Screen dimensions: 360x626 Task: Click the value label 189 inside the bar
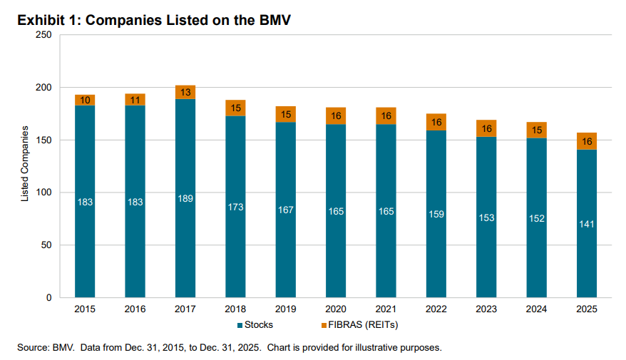tap(185, 197)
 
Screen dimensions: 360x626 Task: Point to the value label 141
tap(587, 224)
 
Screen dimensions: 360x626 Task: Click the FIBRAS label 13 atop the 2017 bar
tap(185, 92)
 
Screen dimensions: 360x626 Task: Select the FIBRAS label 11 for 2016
tap(135, 100)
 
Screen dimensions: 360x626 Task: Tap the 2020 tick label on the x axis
tap(336, 310)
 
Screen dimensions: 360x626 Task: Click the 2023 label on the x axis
tap(486, 310)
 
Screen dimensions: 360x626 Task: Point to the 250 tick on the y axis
tap(43, 35)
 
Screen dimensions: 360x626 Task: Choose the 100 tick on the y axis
tap(43, 192)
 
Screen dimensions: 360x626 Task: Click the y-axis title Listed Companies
tap(24, 164)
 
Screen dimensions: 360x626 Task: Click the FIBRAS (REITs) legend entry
tap(359, 325)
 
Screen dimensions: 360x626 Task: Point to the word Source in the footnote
tap(33, 348)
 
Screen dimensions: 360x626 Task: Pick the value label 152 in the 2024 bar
tap(537, 218)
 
